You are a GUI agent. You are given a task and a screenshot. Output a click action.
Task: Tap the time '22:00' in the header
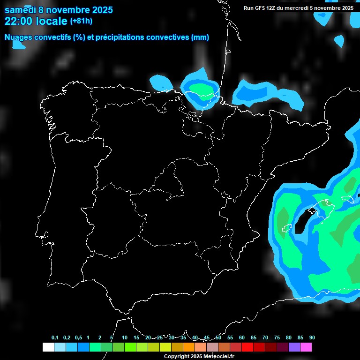pyautogui.click(x=19, y=21)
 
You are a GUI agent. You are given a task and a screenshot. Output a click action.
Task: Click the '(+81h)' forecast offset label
pyautogui.click(x=81, y=21)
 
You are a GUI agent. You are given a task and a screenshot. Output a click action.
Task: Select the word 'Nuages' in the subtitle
pyautogui.click(x=19, y=37)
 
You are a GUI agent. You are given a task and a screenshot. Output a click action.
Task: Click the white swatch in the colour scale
pyautogui.click(x=48, y=347)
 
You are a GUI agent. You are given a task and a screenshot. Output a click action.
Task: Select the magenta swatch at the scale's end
pyautogui.click(x=306, y=347)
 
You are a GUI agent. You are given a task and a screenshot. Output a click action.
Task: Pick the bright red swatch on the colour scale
pyautogui.click(x=247, y=347)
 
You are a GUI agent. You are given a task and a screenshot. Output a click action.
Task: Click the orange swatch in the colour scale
pyautogui.click(x=189, y=347)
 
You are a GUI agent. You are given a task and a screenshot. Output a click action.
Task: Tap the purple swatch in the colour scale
pyautogui.click(x=294, y=347)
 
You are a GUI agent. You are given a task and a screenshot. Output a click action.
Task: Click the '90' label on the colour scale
pyautogui.click(x=312, y=338)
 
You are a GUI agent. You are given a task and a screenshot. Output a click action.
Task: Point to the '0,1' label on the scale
pyautogui.click(x=55, y=338)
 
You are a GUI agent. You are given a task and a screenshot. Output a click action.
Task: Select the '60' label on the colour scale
pyautogui.click(x=242, y=338)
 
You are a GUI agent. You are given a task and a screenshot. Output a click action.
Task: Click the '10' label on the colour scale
pyautogui.click(x=125, y=338)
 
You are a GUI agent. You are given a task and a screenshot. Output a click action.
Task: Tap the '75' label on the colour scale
pyautogui.click(x=277, y=338)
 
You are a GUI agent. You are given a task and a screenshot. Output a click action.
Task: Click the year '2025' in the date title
pyautogui.click(x=102, y=10)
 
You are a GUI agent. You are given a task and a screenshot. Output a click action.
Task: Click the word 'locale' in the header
pyautogui.click(x=52, y=21)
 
